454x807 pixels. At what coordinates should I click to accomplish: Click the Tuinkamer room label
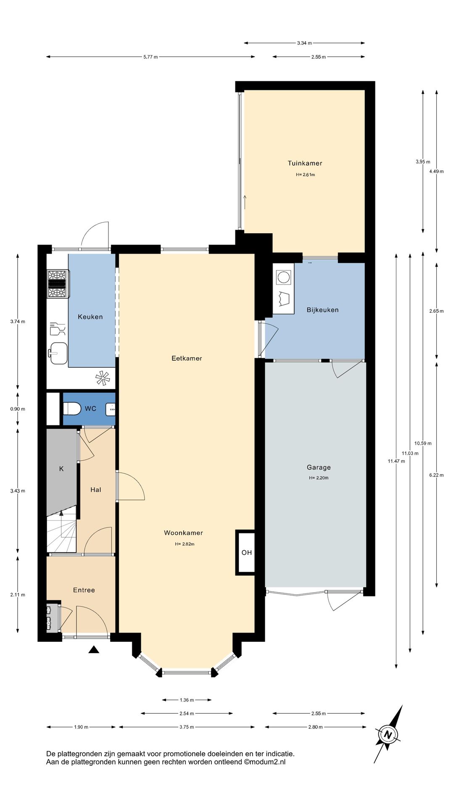click(305, 163)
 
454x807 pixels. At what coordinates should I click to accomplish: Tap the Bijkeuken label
click(322, 310)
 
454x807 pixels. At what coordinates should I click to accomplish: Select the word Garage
click(319, 467)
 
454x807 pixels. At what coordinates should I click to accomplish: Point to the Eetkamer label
click(187, 358)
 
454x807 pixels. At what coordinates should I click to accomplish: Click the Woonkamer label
click(183, 533)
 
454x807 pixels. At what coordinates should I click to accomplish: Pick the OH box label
click(247, 552)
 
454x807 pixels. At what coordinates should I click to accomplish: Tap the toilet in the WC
click(72, 408)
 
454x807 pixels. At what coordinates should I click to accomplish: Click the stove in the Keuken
click(58, 284)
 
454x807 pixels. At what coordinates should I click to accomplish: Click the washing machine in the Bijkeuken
click(283, 277)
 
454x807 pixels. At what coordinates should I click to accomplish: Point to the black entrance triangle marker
click(94, 649)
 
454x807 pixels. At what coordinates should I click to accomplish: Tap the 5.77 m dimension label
click(150, 57)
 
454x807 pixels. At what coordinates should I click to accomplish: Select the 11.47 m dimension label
click(396, 461)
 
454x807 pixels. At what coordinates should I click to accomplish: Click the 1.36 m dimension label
click(187, 700)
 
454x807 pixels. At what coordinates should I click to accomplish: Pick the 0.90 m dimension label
click(18, 409)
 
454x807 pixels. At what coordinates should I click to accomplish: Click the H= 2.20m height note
click(319, 478)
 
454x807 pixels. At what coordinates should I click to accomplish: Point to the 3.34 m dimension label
click(304, 43)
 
